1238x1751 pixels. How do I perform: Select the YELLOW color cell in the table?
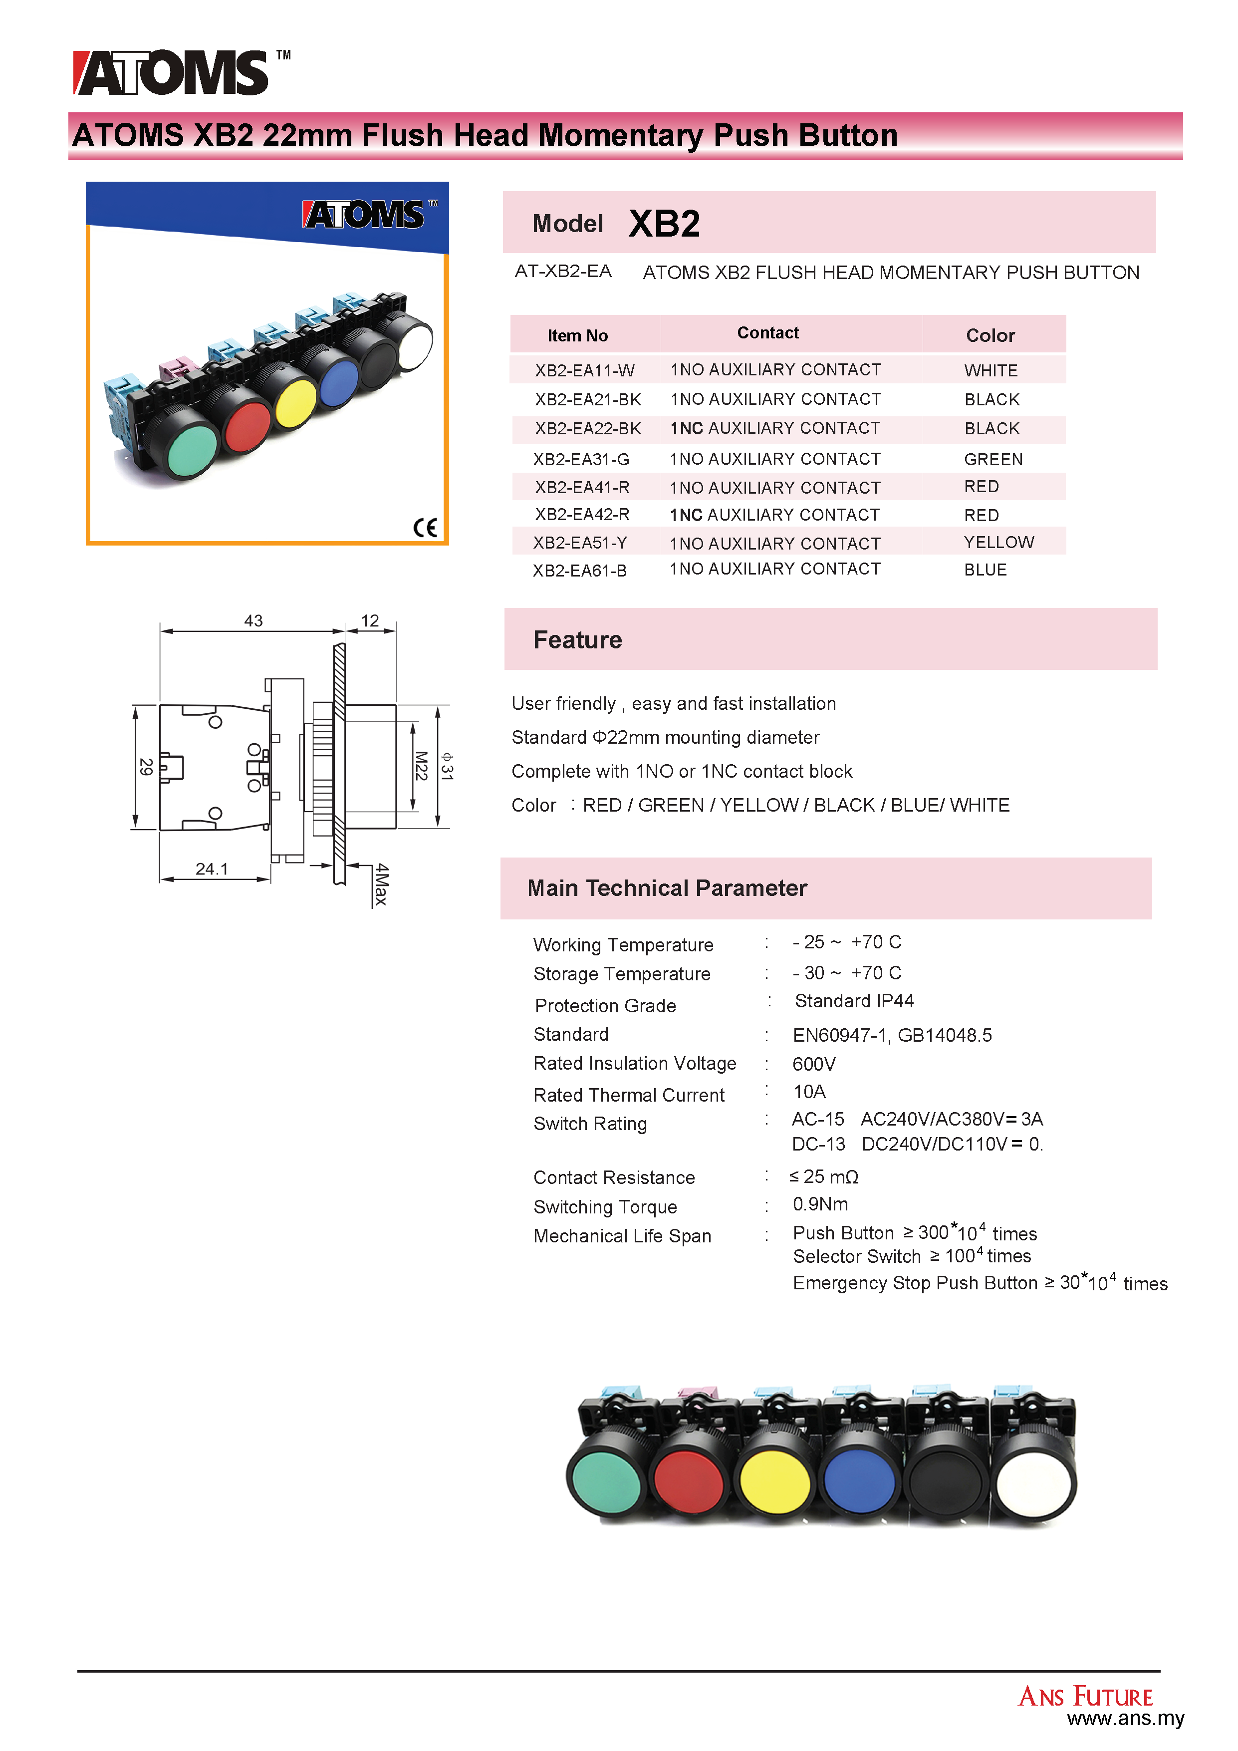click(x=998, y=542)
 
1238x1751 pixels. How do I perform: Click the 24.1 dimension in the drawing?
click(x=212, y=869)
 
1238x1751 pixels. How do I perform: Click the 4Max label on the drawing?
click(x=381, y=884)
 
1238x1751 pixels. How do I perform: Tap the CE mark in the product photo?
click(x=425, y=528)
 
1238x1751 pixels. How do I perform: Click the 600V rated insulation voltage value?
click(x=814, y=1064)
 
